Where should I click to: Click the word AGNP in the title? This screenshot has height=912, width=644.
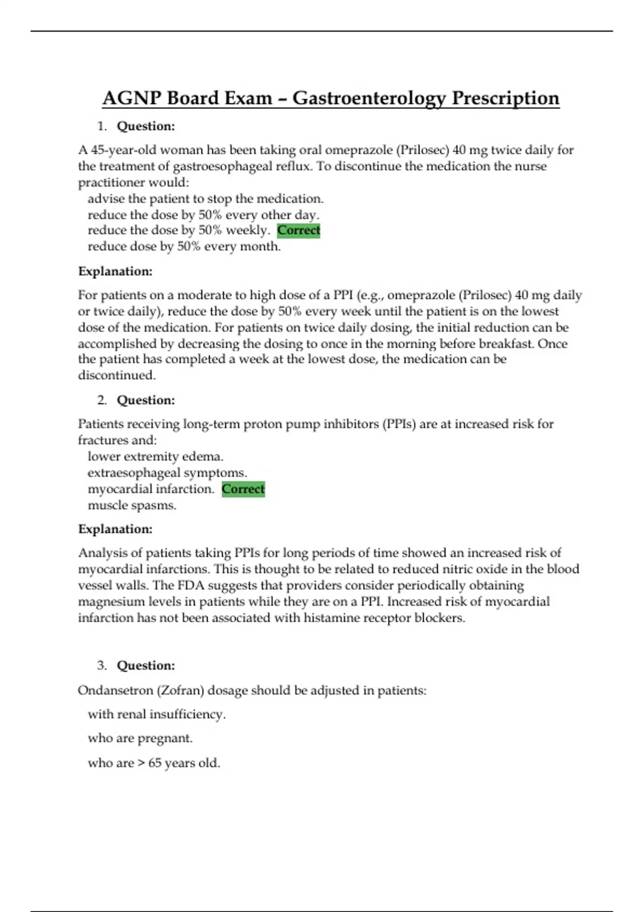tap(131, 98)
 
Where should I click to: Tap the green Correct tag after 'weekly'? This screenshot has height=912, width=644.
tap(298, 230)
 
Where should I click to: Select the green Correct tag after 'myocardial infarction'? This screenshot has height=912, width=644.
tap(243, 489)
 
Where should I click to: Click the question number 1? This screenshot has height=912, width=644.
tap(101, 126)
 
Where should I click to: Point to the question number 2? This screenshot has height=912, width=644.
tap(101, 400)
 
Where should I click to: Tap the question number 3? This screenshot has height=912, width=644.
tap(101, 665)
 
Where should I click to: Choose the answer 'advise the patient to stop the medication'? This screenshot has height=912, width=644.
tap(206, 198)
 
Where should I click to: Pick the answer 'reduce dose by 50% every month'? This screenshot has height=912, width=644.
tap(184, 246)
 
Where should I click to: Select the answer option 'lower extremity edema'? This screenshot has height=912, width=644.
tap(156, 457)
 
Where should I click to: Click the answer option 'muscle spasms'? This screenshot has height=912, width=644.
tap(132, 505)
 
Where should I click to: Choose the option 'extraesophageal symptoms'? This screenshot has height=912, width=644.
tap(167, 473)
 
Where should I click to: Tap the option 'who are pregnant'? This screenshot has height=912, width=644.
tap(140, 738)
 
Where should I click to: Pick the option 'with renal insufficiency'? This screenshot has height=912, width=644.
tap(157, 714)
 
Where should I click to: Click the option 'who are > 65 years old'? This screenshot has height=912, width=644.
tap(154, 762)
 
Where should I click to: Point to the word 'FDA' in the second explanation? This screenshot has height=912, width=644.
tap(192, 585)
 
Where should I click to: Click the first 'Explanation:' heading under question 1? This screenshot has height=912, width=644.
tap(115, 271)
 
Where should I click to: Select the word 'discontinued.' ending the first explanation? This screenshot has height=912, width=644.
tap(117, 375)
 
